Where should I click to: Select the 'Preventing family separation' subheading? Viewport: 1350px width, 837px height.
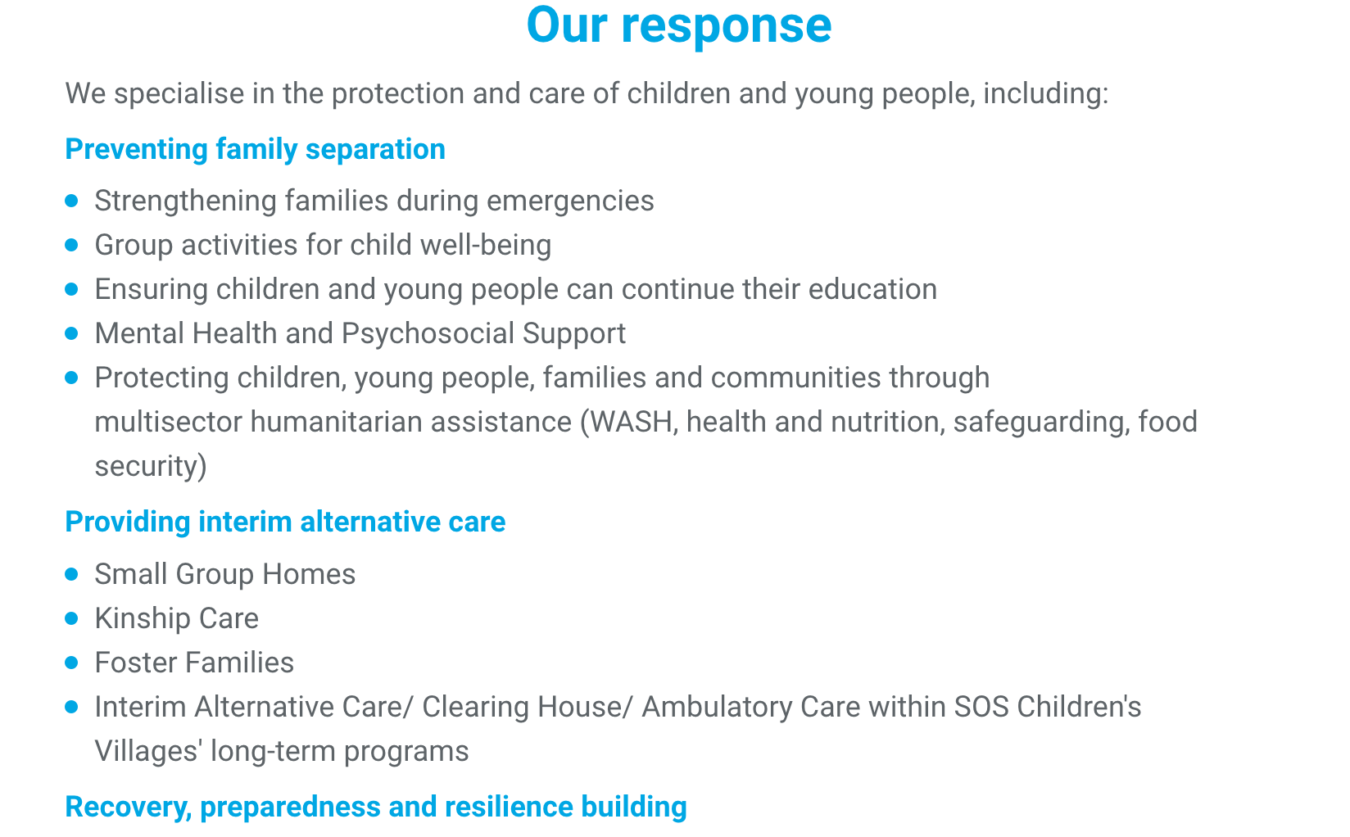pyautogui.click(x=255, y=149)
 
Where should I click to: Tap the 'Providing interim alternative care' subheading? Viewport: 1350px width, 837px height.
pyautogui.click(x=285, y=522)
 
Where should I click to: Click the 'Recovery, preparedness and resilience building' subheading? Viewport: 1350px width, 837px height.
pyautogui.click(x=376, y=807)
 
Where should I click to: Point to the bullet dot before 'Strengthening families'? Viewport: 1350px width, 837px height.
pyautogui.click(x=72, y=201)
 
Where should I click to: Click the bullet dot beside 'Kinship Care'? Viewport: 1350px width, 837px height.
pyautogui.click(x=72, y=618)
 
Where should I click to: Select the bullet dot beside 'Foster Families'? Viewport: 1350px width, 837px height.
pyautogui.click(x=72, y=663)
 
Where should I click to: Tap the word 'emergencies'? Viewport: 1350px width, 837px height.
pyautogui.click(x=570, y=201)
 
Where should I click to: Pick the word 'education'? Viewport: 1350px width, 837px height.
pyautogui.click(x=872, y=289)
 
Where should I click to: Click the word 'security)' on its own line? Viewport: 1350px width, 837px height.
pyautogui.click(x=151, y=466)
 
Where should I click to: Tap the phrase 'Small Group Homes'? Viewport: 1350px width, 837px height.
pyautogui.click(x=224, y=574)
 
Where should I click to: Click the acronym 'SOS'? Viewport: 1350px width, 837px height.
pyautogui.click(x=981, y=707)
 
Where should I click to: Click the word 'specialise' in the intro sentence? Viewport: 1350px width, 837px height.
pyautogui.click(x=179, y=94)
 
